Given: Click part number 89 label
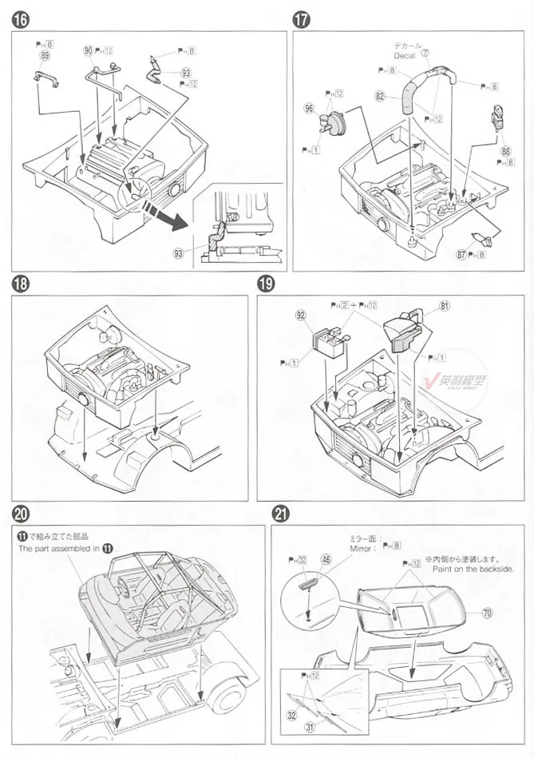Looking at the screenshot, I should [x=45, y=56].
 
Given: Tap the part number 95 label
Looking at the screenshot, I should [x=309, y=107].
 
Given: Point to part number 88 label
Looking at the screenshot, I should [x=506, y=149].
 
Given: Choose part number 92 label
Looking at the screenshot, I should [x=300, y=316].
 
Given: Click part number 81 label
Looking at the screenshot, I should [x=445, y=304].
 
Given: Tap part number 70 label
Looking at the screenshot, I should [x=488, y=613].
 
